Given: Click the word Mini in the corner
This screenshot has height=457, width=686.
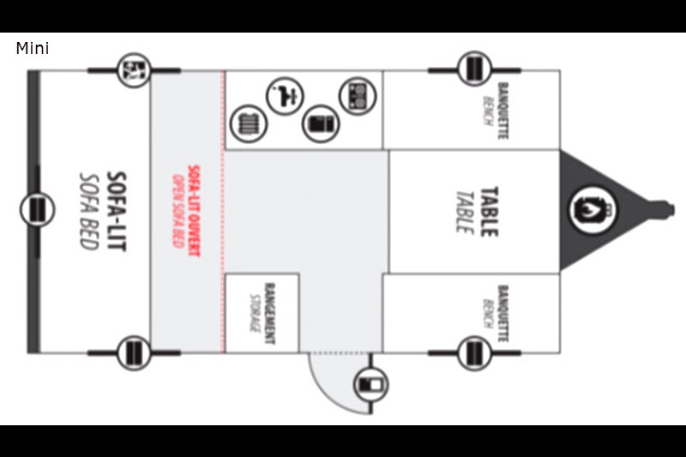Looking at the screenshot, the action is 33,48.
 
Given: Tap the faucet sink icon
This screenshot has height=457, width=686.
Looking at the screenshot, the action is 286,96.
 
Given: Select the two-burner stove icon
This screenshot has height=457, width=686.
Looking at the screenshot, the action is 358,96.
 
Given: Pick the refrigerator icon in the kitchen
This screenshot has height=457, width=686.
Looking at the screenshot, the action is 321,123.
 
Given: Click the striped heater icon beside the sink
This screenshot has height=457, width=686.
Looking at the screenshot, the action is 249,123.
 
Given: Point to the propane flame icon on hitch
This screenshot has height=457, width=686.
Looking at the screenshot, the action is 593,209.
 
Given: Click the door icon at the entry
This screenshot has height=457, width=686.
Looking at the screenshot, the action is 370,384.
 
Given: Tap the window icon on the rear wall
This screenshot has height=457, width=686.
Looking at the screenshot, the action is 37,209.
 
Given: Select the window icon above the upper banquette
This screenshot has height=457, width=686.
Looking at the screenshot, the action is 474,69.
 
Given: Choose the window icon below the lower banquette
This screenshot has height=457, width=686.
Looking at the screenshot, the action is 474,353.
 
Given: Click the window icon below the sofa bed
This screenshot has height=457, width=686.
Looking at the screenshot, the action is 134,353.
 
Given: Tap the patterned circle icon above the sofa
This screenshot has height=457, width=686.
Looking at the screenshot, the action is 134,70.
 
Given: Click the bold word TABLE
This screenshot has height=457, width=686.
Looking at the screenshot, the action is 490,212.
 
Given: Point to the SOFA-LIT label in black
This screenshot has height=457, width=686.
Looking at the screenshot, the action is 117,212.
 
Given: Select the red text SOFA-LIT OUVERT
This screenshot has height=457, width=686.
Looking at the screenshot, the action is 194,211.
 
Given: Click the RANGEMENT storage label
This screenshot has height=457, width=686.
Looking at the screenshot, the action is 270,314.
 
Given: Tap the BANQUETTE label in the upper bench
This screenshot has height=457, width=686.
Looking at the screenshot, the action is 503,111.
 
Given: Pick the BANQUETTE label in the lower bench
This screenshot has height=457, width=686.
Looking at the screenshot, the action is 503,314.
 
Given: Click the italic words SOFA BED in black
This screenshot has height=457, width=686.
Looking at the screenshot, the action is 89,212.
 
